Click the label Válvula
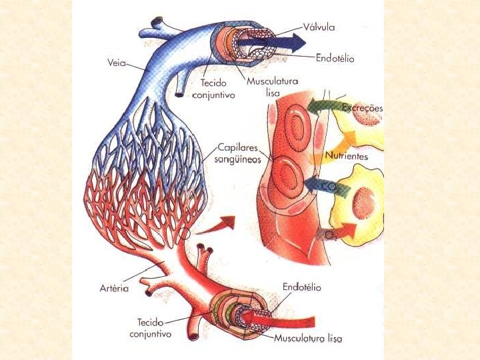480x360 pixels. (319, 27)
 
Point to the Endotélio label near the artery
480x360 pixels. (301, 287)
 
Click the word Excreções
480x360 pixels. (361, 107)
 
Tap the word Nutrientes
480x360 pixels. (347, 156)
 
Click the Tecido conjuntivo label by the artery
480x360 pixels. (150, 327)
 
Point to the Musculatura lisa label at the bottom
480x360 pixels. (308, 339)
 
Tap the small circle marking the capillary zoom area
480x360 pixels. (185, 234)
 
